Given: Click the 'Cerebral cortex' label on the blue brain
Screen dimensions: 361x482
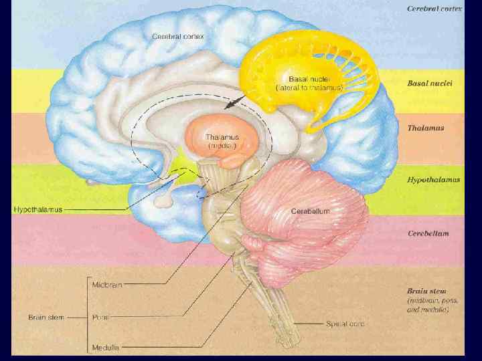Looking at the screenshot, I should (x=177, y=35).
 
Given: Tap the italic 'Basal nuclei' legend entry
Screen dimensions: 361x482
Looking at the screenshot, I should (x=430, y=84).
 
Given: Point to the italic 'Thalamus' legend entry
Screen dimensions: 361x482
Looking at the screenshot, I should (x=425, y=127).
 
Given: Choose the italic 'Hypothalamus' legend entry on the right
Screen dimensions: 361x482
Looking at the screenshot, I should (x=434, y=180).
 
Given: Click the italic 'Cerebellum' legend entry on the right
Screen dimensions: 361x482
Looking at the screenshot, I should (x=428, y=233).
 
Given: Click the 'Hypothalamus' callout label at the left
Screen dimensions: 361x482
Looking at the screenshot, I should (x=38, y=209).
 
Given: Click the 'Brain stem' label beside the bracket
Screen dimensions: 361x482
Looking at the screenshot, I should (x=46, y=317).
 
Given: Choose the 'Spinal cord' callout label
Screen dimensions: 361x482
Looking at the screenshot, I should (x=345, y=324).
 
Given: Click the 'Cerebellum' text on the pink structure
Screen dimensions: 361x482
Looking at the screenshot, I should (x=310, y=211).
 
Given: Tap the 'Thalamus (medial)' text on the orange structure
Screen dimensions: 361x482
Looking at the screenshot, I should (x=223, y=140).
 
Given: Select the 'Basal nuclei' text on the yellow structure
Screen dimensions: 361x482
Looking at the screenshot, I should (x=309, y=82).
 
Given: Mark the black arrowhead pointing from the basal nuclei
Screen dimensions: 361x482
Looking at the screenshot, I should (x=230, y=106).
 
